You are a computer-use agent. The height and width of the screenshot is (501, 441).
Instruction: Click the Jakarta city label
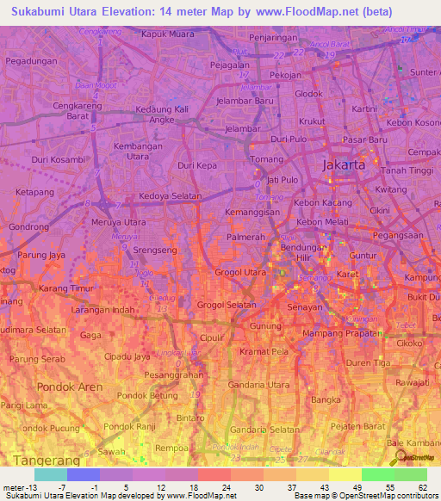[x=344, y=164]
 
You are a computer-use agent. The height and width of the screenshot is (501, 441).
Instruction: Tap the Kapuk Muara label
[x=169, y=34]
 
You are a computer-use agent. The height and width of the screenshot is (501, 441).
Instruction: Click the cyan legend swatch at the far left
[x=51, y=474]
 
